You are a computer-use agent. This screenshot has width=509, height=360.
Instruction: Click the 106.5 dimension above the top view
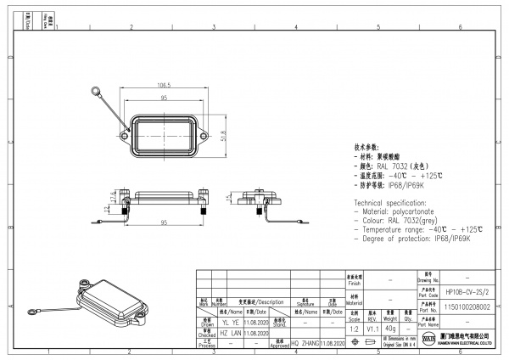pyautogui.click(x=164, y=86)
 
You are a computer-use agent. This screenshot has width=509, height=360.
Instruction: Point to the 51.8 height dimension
pyautogui.click(x=223, y=133)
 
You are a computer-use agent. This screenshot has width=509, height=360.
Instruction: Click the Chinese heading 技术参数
pyautogui.click(x=369, y=148)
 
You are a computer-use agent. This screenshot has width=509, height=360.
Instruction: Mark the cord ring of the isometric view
pyautogui.click(x=31, y=319)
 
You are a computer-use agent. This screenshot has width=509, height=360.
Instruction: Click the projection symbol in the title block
pyautogui.click(x=367, y=342)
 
